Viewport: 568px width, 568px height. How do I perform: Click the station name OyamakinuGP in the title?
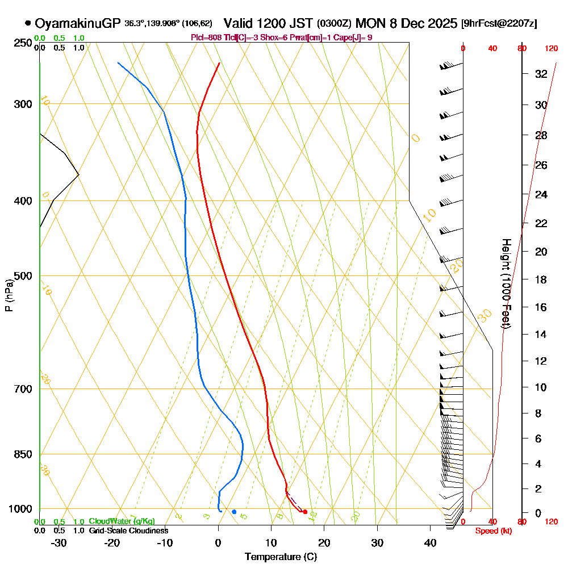click(x=77, y=23)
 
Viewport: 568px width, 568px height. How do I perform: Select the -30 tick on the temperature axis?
click(x=59, y=542)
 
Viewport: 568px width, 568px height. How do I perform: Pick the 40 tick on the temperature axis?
click(x=430, y=542)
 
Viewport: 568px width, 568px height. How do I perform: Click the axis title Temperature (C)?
click(x=281, y=557)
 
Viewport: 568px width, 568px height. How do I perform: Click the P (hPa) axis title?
click(x=9, y=295)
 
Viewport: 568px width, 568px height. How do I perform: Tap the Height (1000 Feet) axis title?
click(x=505, y=284)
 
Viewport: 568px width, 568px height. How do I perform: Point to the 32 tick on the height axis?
click(x=541, y=74)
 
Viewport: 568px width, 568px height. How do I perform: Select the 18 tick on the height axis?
click(x=541, y=279)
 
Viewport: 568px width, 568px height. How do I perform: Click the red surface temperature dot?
click(x=305, y=512)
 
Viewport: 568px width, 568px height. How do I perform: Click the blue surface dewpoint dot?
click(x=234, y=512)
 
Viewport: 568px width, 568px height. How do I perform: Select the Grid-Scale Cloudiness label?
click(x=128, y=531)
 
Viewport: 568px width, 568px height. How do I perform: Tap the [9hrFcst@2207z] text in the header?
click(x=499, y=24)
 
